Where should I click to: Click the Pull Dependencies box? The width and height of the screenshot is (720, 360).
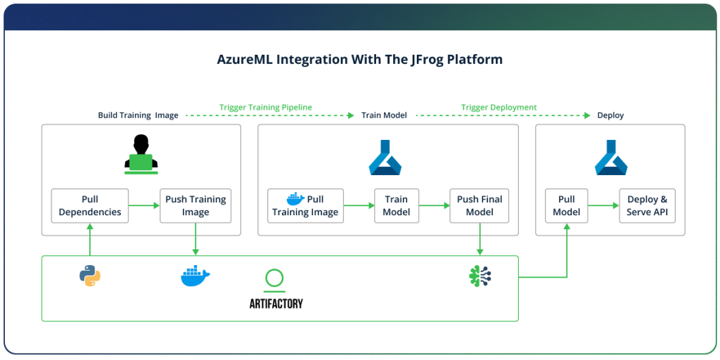[x=90, y=205]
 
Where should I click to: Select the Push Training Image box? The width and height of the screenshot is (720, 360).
[x=195, y=205]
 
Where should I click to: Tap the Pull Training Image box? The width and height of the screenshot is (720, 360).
[x=305, y=205]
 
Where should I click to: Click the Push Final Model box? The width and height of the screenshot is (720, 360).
[x=480, y=205]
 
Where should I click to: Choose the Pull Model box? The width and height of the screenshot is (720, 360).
[x=566, y=205]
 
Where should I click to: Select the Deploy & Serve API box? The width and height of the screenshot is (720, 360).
[x=647, y=205]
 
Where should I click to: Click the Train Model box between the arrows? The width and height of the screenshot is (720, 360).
[x=397, y=205]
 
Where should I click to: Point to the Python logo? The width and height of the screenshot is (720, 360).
[x=90, y=276]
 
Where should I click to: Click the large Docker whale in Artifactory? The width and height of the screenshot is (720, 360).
[x=195, y=276]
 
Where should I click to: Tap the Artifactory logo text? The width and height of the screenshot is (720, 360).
[x=276, y=304]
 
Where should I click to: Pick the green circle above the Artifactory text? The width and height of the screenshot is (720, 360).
[x=275, y=278]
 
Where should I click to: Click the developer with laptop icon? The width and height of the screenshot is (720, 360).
[x=141, y=153]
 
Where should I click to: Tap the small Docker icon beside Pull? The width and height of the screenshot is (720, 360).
[x=295, y=199]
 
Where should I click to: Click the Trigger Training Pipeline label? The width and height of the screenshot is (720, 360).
[x=265, y=108]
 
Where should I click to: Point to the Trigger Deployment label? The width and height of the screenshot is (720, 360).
[x=499, y=108]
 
